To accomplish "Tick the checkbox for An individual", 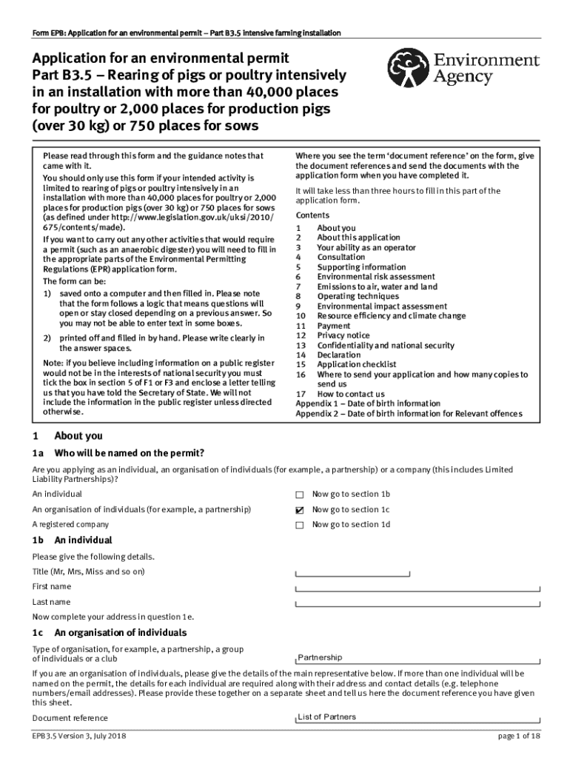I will coord(300,494).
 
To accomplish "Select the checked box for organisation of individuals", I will coord(300,510).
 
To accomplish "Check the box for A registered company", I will coord(300,526).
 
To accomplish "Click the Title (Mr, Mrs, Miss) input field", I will coord(352,572).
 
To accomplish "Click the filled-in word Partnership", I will coord(320,657).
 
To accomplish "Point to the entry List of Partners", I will coord(326,717).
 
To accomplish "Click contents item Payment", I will coord(333,326).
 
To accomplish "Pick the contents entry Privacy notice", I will coord(344,335).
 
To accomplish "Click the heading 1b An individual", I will coord(72,540).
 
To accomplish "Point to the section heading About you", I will coord(78,436).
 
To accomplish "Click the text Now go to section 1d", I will coord(351,525).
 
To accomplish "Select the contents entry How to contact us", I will coord(350,394).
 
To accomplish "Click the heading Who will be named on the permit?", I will coord(129,453).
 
